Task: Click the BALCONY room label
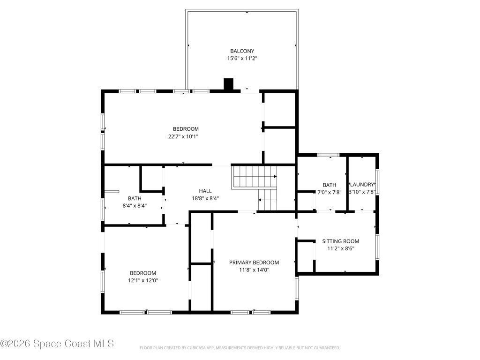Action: point(242,51)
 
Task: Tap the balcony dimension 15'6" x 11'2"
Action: point(242,59)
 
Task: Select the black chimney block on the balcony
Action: point(228,84)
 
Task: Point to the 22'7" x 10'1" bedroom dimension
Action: point(183,136)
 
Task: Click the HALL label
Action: point(205,191)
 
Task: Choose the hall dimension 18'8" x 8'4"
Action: point(205,198)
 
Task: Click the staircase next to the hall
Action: point(255,187)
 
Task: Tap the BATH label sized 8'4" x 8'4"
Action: point(135,198)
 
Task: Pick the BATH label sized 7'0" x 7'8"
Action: point(330,185)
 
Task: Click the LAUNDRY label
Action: point(362,185)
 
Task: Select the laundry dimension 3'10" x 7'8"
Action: point(362,192)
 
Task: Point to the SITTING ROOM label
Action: point(341,241)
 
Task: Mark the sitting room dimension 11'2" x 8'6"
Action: point(341,248)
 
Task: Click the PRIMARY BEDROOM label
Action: point(254,262)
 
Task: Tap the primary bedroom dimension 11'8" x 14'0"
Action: point(254,270)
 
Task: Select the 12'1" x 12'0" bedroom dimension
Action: point(143,280)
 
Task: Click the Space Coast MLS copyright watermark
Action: point(57,344)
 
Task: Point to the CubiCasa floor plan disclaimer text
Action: point(240,348)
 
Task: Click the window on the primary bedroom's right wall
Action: point(297,288)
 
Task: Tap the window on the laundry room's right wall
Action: point(377,182)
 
